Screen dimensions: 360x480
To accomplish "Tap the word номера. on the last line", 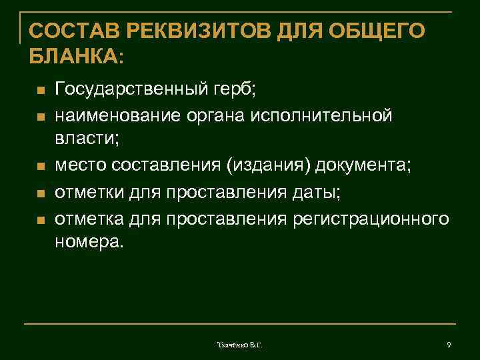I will click(x=89, y=243).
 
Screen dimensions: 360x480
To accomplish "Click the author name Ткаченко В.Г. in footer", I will click(x=239, y=344).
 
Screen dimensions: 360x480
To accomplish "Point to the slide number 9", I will click(x=449, y=344).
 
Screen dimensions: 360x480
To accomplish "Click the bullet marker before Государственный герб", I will click(x=40, y=91).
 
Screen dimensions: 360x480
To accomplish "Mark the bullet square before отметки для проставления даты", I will click(x=40, y=193).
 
